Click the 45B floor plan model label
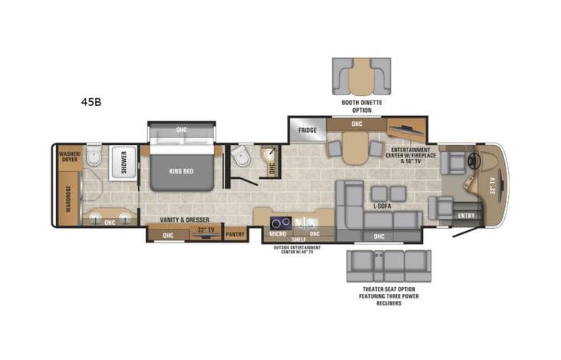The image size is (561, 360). (x=91, y=101)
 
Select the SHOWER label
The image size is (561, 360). (x=122, y=163)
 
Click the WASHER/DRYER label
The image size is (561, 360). (x=70, y=157)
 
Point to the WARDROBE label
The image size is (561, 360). (x=69, y=197)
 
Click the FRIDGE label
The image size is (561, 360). (x=308, y=130)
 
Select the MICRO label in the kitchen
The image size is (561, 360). (x=277, y=233)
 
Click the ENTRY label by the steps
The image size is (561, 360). (x=466, y=216)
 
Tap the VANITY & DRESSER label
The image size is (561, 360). (x=180, y=220)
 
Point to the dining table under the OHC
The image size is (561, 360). (x=354, y=147)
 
